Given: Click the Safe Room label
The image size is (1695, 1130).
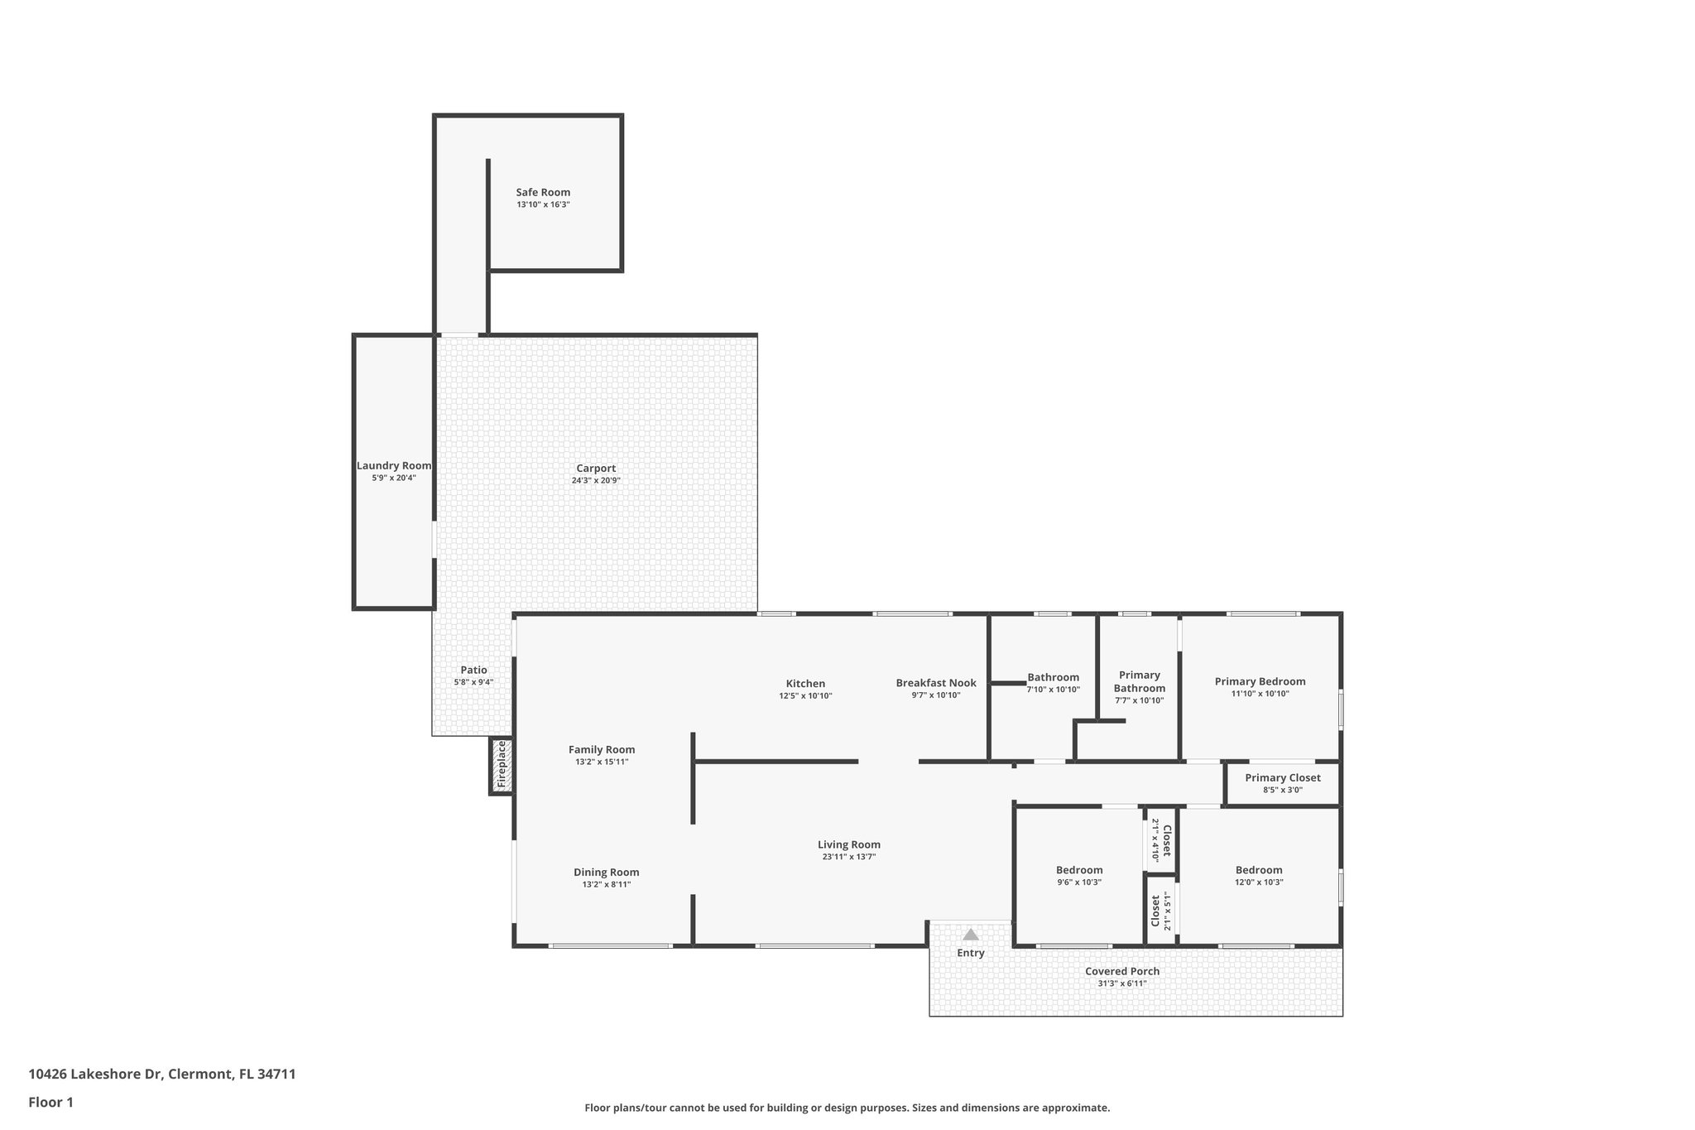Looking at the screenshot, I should (x=543, y=192).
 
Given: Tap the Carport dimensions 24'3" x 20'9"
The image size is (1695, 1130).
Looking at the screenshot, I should (x=596, y=480).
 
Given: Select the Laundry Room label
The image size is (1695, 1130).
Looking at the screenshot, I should (x=394, y=466).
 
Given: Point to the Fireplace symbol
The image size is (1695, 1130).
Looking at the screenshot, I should (x=501, y=765).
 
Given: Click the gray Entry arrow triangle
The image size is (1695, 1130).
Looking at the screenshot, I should (x=971, y=935).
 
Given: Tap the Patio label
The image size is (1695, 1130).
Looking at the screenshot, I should (x=473, y=670).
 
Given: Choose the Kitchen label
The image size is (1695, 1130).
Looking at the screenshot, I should (x=805, y=683).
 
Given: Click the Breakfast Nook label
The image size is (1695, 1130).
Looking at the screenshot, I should (x=936, y=683).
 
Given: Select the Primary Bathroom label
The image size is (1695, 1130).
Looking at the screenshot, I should (x=1139, y=681).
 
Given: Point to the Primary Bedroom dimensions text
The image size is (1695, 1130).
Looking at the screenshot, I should (x=1260, y=694).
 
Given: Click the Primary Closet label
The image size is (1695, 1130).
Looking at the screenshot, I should (x=1282, y=777).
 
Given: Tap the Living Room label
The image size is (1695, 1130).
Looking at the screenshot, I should (x=849, y=844).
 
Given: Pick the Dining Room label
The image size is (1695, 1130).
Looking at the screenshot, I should (x=607, y=872).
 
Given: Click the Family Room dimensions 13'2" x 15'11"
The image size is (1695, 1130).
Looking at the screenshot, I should (x=602, y=762).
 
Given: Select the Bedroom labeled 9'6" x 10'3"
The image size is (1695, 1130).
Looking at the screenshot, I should (x=1079, y=870).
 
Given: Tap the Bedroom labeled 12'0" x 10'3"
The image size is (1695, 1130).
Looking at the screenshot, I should (x=1259, y=870).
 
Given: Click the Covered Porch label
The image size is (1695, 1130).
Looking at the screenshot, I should (x=1122, y=971).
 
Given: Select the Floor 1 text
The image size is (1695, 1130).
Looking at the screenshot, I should (x=51, y=1102).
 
